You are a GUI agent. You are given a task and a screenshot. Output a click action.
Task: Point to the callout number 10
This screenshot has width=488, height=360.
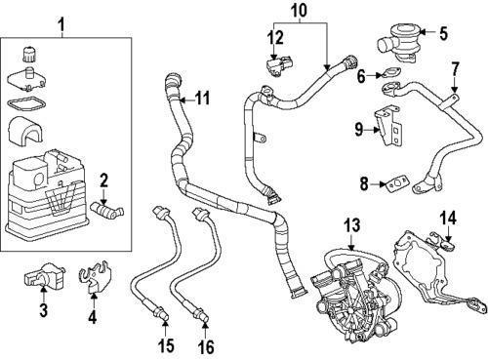tap(300, 13)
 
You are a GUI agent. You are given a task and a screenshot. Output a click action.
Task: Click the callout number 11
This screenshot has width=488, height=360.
tap(202, 100)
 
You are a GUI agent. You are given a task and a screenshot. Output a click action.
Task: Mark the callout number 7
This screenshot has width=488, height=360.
tap(454, 69)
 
